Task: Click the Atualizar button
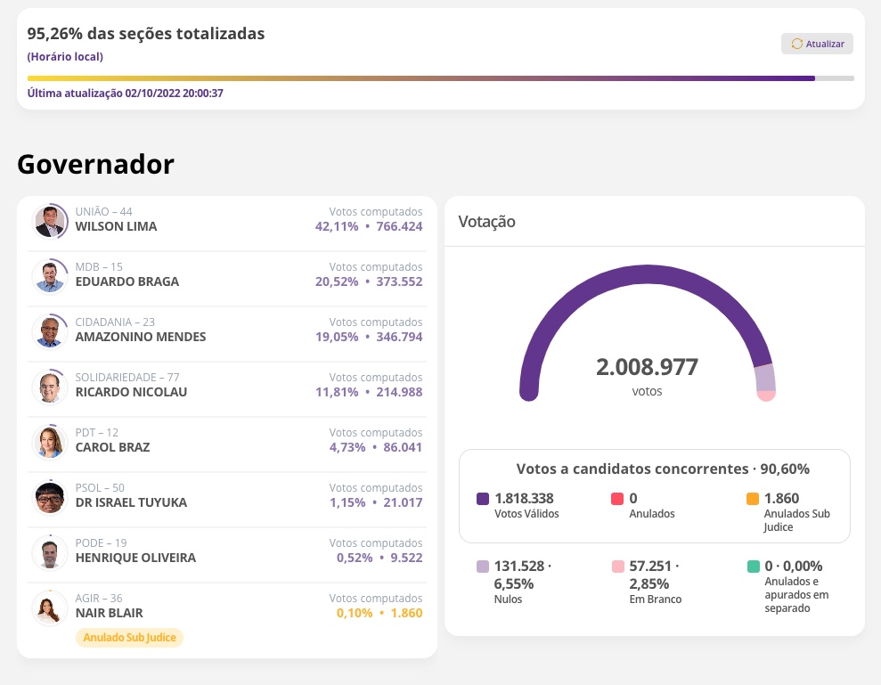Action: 817,44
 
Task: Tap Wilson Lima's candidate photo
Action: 49,222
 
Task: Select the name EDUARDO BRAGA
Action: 127,281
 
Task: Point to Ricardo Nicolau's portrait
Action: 49,387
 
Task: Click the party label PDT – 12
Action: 97,432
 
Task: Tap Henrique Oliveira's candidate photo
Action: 49,553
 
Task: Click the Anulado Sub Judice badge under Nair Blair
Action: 130,637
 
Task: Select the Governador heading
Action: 95,164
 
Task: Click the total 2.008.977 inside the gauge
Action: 647,367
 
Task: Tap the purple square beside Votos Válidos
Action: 483,499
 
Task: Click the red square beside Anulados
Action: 617,499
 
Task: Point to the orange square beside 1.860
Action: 753,499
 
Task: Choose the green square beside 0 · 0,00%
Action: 753,566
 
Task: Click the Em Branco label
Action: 655,599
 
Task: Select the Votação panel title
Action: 486,222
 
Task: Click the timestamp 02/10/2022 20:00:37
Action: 175,94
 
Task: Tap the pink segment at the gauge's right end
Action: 766,395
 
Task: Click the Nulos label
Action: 508,599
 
